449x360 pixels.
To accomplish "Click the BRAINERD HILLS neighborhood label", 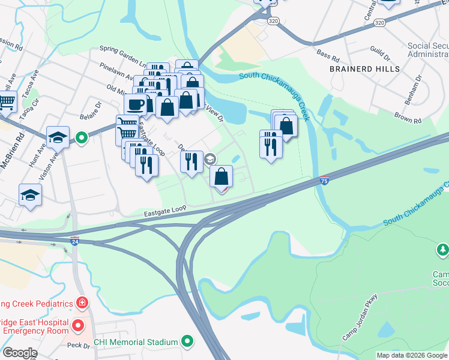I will click(364, 69).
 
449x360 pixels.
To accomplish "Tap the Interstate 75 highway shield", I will click(324, 180).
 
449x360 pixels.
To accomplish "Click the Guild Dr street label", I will click(380, 59).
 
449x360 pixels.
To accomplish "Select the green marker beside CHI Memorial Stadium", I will click(187, 342).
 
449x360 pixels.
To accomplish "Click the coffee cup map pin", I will click(136, 104).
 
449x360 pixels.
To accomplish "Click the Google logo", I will click(20, 353).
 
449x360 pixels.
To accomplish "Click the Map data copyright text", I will click(411, 355).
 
